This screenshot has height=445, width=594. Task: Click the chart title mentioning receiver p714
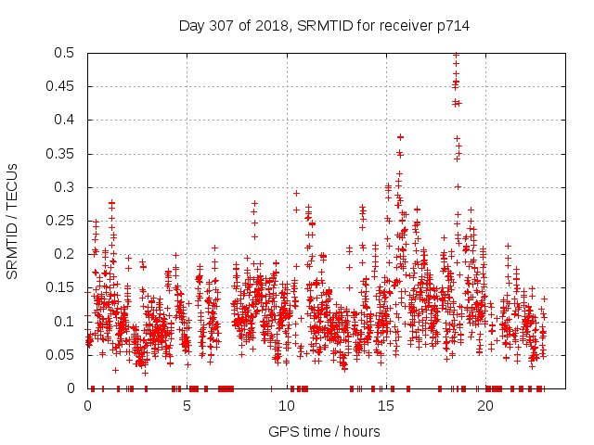point(324,26)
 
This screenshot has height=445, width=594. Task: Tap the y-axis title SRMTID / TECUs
point(12,221)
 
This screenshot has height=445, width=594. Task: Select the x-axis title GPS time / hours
point(324,431)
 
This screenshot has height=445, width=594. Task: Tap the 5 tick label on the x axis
point(187,405)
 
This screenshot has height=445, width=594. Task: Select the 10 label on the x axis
point(286,405)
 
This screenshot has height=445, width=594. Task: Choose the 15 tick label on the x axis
point(385,405)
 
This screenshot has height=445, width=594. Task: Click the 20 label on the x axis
point(484,405)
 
